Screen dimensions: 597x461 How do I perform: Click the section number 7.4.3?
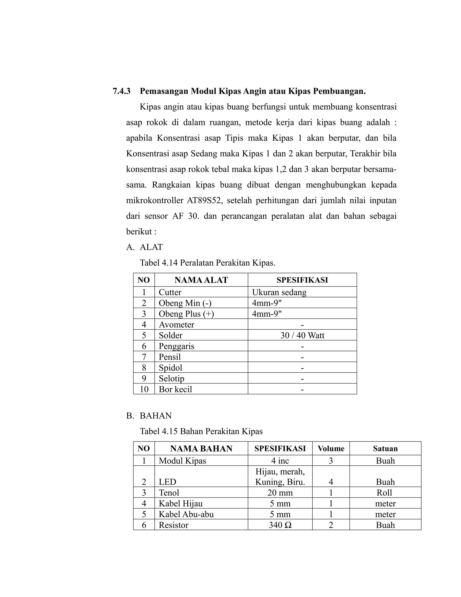pos(122,91)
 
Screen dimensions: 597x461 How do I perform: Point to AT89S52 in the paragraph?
pos(205,200)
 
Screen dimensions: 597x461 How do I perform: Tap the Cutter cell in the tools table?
pos(170,292)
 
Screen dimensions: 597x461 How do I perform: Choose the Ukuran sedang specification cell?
pos(279,292)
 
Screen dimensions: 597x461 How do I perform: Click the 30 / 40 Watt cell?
pos(302,335)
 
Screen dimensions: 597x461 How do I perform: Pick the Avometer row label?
pos(176,325)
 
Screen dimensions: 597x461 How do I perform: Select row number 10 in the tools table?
pos(144,389)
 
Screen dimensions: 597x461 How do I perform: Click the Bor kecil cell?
pos(175,389)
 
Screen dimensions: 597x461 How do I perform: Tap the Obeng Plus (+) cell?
pos(186,314)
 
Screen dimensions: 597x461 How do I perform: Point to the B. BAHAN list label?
pos(149,416)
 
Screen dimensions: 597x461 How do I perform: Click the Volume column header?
pos(331,449)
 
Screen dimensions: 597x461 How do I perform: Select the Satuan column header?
pos(385,449)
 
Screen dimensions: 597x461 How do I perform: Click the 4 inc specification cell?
pos(280,461)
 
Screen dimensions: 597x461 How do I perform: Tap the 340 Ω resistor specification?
pos(280,525)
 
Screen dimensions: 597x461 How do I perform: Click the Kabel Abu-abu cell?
pos(186,515)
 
